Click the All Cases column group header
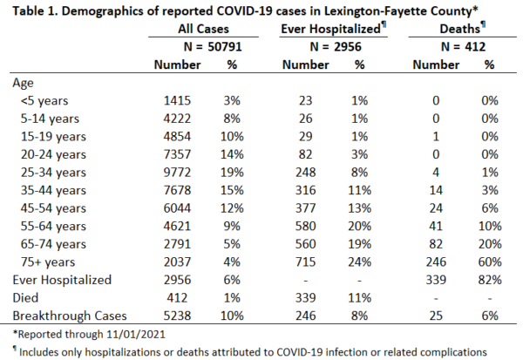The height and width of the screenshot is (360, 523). coord(203,29)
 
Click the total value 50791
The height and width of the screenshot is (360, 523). coord(225,47)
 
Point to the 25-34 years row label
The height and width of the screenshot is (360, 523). coord(53,173)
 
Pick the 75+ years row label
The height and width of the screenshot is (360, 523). coord(48,262)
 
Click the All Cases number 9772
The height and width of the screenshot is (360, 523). coord(177,173)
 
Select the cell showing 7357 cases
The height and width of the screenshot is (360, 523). coord(177,154)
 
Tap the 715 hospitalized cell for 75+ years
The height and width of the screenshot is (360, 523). coord(305,262)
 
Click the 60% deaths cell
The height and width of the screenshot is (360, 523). coord(490,262)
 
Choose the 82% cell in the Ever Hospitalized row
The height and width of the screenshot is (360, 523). coord(490,281)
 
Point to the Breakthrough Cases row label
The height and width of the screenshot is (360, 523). coord(70,316)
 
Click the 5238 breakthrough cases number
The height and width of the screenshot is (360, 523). coord(177,316)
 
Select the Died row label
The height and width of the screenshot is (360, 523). coord(25,298)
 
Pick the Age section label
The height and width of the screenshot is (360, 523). coord(23,83)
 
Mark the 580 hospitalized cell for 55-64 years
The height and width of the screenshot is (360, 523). coord(305,227)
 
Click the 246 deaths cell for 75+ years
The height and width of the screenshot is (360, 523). coord(436,262)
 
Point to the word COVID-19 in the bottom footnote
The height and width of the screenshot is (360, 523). coord(299,352)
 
